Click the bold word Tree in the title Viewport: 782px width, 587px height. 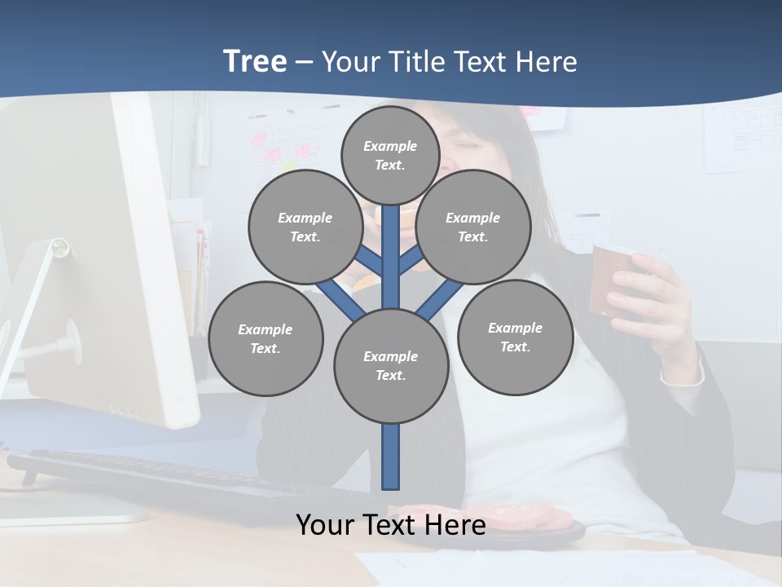point(255,61)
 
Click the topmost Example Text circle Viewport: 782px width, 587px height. point(390,155)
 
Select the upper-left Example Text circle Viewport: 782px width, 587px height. point(305,227)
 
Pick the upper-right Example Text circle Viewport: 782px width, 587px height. point(472,227)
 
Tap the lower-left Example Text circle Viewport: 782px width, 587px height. point(265,339)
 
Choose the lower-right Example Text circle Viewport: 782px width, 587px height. point(515,337)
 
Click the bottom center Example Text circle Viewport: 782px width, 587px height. point(390,366)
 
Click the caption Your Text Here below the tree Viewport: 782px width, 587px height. point(390,525)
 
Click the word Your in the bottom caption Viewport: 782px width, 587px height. point(324,525)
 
